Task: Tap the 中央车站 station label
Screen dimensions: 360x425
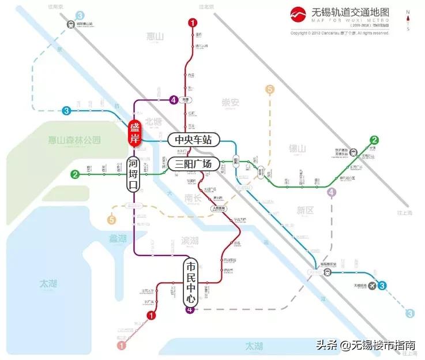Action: pyautogui.click(x=194, y=139)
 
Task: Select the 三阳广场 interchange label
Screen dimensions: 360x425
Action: pyautogui.click(x=194, y=164)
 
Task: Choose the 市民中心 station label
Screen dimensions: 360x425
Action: pyautogui.click(x=191, y=283)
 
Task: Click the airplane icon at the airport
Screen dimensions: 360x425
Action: pyautogui.click(x=370, y=285)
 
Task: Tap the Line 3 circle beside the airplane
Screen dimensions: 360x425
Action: pyautogui.click(x=382, y=285)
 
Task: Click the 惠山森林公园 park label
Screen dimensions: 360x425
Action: pyautogui.click(x=74, y=140)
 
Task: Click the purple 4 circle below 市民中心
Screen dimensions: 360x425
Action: pyautogui.click(x=189, y=310)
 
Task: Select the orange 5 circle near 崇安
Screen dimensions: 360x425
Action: pyautogui.click(x=269, y=89)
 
